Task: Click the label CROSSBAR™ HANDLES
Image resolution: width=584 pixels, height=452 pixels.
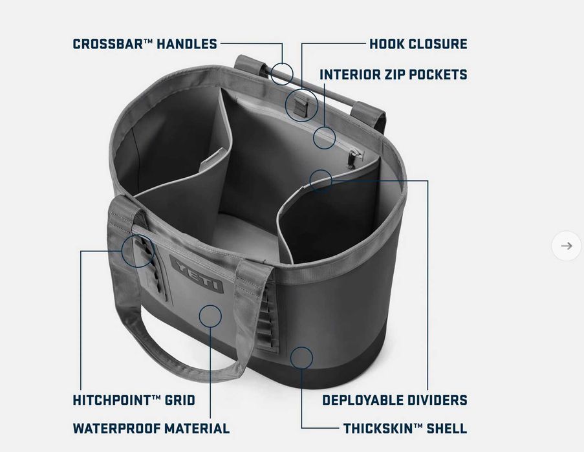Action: point(144,44)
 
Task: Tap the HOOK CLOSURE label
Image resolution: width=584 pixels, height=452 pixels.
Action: point(418,44)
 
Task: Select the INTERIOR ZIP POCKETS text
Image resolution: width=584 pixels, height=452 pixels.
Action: point(393,74)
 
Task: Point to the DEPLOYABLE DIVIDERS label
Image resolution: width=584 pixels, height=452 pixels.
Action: point(395,400)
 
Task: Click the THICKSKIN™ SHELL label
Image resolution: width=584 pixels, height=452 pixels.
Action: point(406,429)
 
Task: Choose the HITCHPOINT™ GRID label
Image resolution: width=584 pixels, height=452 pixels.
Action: point(134,400)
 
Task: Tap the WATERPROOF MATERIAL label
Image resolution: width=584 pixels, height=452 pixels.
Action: point(151,429)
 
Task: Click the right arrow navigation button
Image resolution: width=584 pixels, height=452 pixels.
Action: point(566,246)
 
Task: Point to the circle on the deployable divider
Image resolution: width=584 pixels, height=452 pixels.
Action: point(310,181)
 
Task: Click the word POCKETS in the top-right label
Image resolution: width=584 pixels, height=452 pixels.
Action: point(438,74)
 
